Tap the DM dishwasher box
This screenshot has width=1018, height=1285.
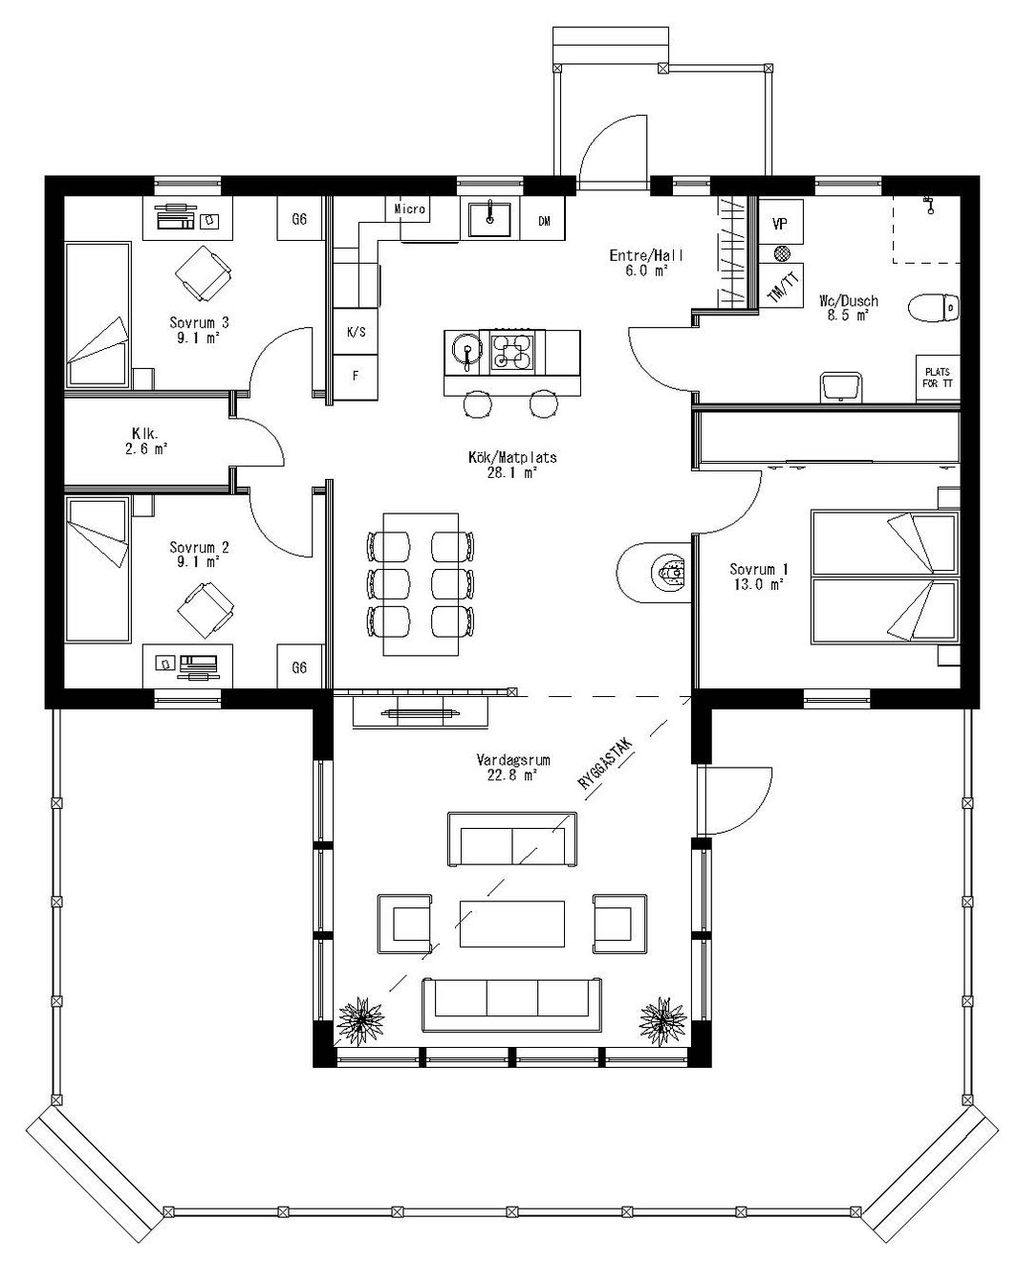[544, 221]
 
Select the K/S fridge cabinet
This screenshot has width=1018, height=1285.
[356, 332]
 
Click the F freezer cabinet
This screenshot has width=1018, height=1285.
[356, 376]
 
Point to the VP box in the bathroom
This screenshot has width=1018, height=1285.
[779, 224]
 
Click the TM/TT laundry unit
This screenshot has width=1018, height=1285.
[783, 286]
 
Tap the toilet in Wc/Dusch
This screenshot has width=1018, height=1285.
[933, 308]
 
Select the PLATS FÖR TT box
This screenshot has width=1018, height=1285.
[936, 377]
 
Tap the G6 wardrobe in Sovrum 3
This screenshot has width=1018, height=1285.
[299, 220]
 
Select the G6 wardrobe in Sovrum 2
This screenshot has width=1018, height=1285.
[299, 667]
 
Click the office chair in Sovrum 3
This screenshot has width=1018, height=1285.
[205, 272]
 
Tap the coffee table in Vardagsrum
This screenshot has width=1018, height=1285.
[511, 923]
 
